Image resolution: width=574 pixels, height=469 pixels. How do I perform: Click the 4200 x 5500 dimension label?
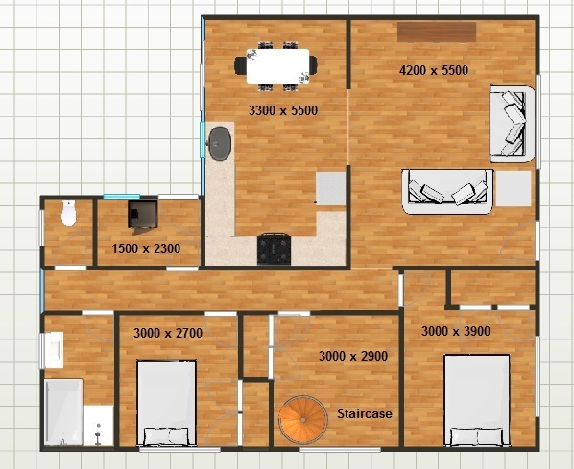coord(434,69)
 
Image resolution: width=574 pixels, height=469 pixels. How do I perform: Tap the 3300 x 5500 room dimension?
coord(283,110)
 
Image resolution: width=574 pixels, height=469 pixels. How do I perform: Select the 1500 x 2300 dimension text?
coord(146,248)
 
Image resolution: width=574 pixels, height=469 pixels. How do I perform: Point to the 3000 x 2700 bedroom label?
coord(168,333)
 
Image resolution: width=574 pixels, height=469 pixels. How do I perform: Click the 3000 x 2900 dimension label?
coord(353,356)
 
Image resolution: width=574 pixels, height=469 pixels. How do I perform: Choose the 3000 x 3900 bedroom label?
coord(456,331)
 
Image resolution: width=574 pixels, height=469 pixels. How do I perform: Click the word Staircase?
coord(364,413)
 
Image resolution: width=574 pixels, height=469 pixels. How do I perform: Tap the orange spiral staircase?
coord(303,420)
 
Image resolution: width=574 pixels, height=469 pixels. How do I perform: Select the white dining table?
coord(277,66)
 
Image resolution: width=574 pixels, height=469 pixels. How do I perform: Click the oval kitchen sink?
coord(220,144)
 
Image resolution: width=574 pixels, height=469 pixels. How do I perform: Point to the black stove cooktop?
coord(275,249)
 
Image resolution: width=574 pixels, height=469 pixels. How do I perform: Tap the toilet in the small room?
coord(68,213)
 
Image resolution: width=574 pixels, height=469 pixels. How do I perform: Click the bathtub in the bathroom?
coord(63,411)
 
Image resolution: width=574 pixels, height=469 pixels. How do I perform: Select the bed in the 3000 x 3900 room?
coord(477,400)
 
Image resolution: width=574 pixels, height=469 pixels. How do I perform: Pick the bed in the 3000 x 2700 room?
coord(167,403)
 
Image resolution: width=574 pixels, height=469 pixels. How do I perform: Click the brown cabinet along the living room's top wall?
coord(437,33)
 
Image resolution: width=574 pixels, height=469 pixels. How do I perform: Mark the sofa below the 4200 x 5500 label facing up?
coord(447,191)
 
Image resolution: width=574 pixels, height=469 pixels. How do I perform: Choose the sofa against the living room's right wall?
coord(513,124)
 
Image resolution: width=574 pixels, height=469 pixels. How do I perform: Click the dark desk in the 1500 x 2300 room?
coord(142,215)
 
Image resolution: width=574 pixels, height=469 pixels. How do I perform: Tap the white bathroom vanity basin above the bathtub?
coord(53,350)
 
